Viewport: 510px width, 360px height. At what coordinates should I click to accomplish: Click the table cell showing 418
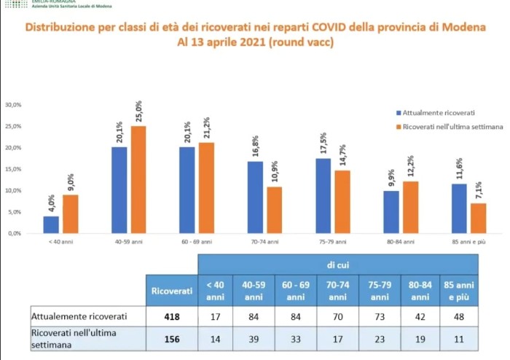point(171,317)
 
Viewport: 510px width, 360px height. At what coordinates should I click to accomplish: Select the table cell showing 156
point(171,337)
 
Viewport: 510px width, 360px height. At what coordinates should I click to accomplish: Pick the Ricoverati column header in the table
point(172,291)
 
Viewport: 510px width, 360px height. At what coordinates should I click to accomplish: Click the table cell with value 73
point(378,317)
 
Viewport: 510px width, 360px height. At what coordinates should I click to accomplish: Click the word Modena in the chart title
point(458,28)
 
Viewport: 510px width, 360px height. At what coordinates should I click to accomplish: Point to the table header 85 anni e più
point(459,291)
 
